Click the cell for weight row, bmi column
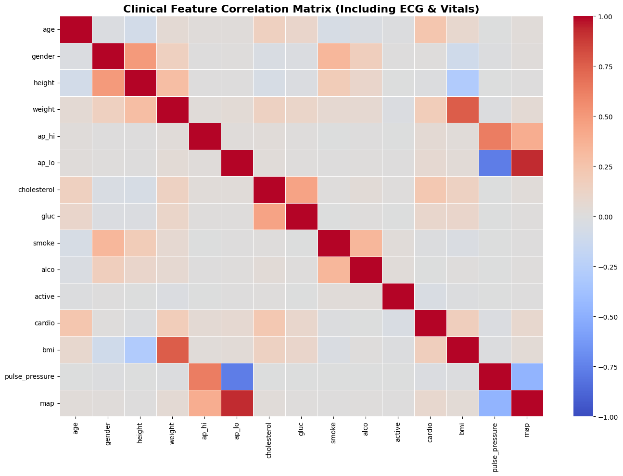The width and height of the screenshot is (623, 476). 463,110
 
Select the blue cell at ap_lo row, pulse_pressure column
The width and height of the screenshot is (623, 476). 495,163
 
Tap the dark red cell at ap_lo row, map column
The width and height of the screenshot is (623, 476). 527,163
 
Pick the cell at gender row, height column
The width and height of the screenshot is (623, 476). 140,56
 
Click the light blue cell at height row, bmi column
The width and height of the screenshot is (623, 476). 463,83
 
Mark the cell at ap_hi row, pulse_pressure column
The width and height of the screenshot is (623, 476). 495,136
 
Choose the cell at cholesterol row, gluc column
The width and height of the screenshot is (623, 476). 301,190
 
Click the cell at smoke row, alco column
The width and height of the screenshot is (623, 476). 366,243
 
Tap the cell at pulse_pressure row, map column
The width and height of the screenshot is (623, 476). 527,376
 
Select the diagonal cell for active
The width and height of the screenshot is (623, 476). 398,296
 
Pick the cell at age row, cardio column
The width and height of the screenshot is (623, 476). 430,29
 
